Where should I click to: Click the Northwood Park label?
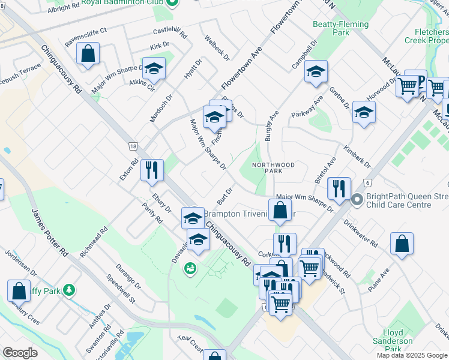[273, 167]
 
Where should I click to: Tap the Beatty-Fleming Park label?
[331, 28]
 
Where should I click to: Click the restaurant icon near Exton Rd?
[152, 170]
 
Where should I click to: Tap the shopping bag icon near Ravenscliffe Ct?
[88, 53]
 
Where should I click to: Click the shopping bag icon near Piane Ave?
[402, 244]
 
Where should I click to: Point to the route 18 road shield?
[133, 146]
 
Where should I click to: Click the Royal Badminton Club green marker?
[172, 3]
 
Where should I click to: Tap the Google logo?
[20, 353]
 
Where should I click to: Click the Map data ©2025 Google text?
[412, 355]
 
